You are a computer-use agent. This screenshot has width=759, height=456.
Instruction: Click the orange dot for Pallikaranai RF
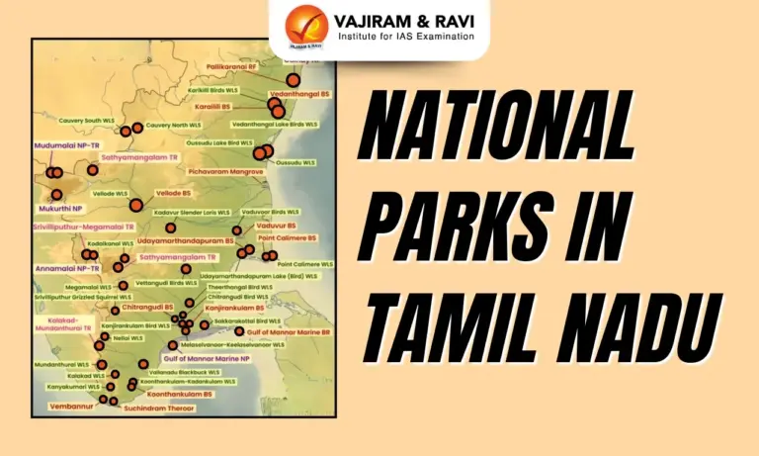tap(293, 80)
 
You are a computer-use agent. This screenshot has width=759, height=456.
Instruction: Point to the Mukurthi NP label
tap(61, 210)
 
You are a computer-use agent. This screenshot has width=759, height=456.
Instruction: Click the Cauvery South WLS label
tap(80, 121)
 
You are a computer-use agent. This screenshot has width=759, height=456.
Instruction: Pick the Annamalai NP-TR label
tap(67, 268)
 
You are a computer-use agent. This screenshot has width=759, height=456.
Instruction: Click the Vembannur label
tap(68, 405)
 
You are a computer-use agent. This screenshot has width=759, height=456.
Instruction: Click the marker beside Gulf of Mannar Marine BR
tap(239, 330)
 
